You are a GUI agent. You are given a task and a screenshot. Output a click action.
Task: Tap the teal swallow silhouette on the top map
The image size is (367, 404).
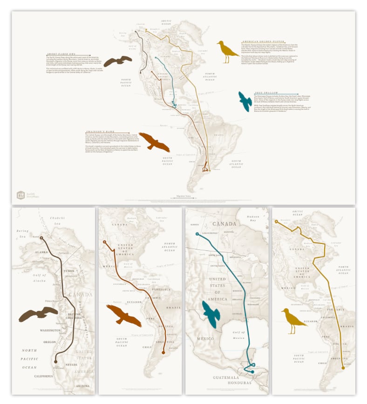[245, 101]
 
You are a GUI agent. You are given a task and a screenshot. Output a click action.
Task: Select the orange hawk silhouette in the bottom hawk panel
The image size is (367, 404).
[124, 315]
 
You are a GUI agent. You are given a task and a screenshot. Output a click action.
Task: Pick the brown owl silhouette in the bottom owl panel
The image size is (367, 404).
[38, 315]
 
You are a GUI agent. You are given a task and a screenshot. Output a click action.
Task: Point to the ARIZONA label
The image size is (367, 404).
[84, 386]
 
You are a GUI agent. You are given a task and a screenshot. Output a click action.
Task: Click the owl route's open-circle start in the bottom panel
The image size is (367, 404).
[41, 238]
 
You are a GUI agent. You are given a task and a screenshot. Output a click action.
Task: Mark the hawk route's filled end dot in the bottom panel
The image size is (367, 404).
[163, 353]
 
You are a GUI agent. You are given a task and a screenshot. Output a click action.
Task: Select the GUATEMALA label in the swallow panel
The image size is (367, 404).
[221, 377]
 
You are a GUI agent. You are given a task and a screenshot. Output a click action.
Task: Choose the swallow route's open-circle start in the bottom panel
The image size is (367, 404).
[197, 234]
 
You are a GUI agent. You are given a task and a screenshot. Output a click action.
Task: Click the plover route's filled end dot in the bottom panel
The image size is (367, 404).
[344, 367]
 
